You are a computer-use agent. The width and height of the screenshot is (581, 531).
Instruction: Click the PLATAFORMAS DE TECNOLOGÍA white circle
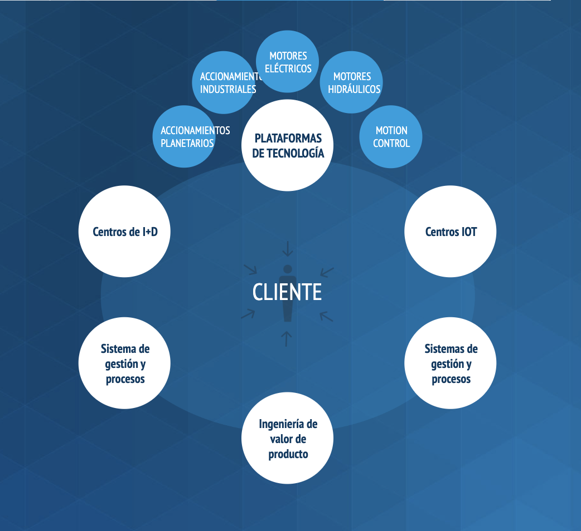point(287,145)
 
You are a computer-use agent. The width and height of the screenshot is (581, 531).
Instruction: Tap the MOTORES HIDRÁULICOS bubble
point(352,82)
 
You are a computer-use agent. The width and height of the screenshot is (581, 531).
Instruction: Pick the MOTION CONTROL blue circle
point(391,137)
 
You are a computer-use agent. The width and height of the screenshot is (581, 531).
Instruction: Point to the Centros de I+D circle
point(124,232)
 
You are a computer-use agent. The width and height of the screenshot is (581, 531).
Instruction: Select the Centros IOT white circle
point(451,232)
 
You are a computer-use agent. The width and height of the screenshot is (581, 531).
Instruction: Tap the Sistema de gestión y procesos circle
point(124,363)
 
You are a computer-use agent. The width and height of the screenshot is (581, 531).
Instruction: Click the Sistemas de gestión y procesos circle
point(451,363)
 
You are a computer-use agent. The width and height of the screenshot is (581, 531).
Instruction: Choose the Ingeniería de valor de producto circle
point(287,438)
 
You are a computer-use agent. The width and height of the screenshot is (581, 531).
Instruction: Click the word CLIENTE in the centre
point(287,292)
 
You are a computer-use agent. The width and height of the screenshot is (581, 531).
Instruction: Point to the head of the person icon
point(288,269)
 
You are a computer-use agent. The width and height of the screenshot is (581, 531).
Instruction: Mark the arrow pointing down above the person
point(287,249)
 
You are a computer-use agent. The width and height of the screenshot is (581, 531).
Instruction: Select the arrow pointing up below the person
point(287,338)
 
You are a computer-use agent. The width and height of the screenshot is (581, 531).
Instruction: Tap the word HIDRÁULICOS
point(354,89)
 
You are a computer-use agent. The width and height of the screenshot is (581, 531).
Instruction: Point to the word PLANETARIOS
point(187,143)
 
